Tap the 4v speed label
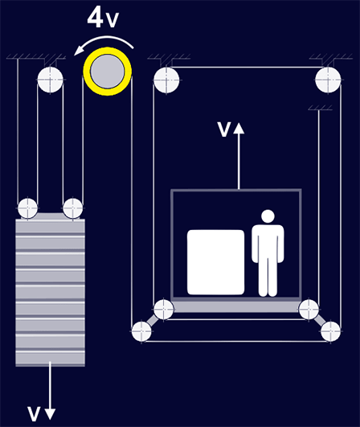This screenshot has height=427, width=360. click(x=103, y=18)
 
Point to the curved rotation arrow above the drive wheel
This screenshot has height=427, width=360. click(x=104, y=43)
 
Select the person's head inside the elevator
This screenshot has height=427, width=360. click(x=268, y=216)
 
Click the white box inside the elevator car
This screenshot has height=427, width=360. click(x=216, y=262)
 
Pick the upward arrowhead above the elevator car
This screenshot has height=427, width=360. click(x=239, y=128)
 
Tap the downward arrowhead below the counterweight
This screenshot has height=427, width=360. click(x=50, y=414)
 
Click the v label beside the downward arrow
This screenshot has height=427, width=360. click(x=34, y=414)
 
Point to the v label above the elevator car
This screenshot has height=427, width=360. click(x=224, y=129)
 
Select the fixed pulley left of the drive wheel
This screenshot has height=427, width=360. click(x=51, y=80)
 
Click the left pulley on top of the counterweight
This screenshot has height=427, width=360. click(x=28, y=208)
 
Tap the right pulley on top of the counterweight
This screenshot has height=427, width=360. click(x=72, y=208)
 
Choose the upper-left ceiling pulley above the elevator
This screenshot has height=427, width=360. click(x=166, y=80)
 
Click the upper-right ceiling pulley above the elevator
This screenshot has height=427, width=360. click(x=328, y=80)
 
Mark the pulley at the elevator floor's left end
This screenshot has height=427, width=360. click(x=164, y=310)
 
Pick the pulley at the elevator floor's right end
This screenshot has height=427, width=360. click(x=309, y=310)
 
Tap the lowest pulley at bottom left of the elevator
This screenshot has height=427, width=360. click(x=141, y=331)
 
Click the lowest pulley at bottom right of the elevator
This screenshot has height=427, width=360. click(x=331, y=331)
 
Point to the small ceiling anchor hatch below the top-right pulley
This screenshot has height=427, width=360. click(x=320, y=108)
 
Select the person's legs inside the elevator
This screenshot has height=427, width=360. click(x=268, y=277)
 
